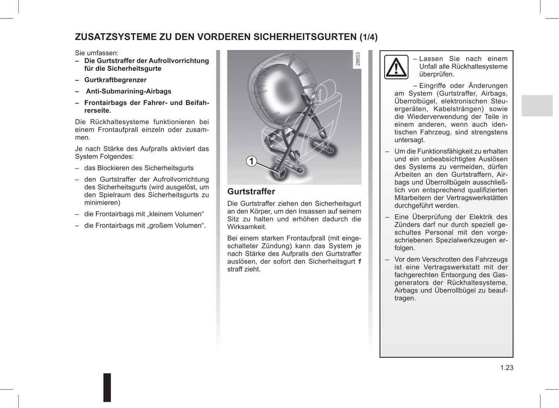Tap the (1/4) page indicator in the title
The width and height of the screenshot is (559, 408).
[368, 37]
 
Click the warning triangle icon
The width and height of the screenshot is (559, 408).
[396, 67]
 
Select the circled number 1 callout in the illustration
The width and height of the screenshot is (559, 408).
[251, 161]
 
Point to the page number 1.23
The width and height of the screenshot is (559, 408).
[506, 368]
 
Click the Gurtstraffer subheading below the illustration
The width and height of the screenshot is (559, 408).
[251, 191]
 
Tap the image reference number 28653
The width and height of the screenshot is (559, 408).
[357, 59]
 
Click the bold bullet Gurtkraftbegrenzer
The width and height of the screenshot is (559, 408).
[115, 80]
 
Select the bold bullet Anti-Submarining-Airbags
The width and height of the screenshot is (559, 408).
[128, 91]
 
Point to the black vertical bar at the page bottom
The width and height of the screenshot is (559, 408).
[107, 387]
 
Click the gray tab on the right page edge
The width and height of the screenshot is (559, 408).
[537, 105]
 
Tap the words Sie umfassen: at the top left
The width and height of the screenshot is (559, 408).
[97, 53]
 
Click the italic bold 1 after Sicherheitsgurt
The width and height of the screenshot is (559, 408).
[359, 262]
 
